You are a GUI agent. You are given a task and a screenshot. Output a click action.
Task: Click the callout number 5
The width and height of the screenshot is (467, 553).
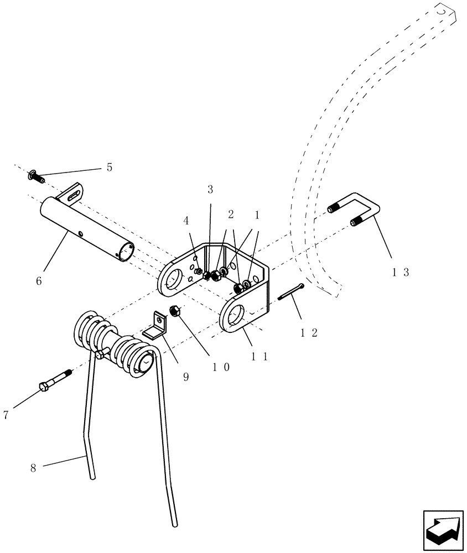pos(109,168)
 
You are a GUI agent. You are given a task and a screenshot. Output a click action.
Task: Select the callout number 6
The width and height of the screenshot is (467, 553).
pos(38,280)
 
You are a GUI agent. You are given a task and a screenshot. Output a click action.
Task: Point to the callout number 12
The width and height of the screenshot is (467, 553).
pos(309,333)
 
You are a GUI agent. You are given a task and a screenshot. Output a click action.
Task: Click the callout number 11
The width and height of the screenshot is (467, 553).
pos(259,357)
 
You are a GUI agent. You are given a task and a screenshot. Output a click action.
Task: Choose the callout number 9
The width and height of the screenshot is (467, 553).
pos(185,377)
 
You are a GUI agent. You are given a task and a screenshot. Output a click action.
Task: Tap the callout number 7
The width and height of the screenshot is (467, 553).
pos(6,415)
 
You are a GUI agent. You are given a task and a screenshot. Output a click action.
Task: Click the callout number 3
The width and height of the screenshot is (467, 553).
pos(210,190)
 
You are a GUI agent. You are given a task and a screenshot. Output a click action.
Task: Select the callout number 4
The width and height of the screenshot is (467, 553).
pos(186,221)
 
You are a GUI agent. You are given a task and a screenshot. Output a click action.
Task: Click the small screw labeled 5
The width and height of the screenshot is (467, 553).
pos(35,176)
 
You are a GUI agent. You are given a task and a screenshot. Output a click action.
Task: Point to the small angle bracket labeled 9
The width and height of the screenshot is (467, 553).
pos(157,327)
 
